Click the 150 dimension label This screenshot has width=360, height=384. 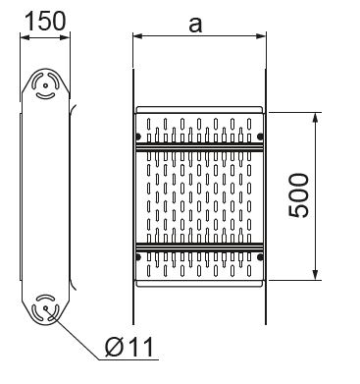(x=45, y=21)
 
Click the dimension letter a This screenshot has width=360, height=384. (x=195, y=25)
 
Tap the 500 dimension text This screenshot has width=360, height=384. (x=298, y=195)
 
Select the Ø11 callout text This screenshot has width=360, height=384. (x=129, y=347)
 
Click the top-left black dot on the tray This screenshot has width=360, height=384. (x=138, y=136)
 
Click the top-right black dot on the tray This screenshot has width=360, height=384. (x=260, y=136)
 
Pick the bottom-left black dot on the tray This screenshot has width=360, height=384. (x=138, y=257)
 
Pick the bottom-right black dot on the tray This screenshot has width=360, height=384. (x=260, y=257)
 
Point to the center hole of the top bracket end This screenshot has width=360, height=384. (x=45, y=85)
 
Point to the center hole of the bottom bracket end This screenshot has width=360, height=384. (x=45, y=308)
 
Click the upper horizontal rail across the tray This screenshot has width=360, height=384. (x=199, y=146)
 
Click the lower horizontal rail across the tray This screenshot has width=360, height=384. (x=199, y=247)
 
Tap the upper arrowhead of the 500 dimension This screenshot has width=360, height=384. (x=315, y=118)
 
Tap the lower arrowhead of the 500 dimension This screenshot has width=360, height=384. (x=315, y=275)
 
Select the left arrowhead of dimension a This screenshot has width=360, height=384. (x=138, y=35)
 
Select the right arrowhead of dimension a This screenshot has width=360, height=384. (x=261, y=35)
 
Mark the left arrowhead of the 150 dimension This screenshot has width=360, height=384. (x=26, y=37)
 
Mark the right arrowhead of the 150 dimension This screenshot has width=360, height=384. (x=65, y=37)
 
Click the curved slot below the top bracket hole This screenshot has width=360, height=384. (x=45, y=96)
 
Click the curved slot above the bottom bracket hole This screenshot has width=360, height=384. (x=45, y=298)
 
